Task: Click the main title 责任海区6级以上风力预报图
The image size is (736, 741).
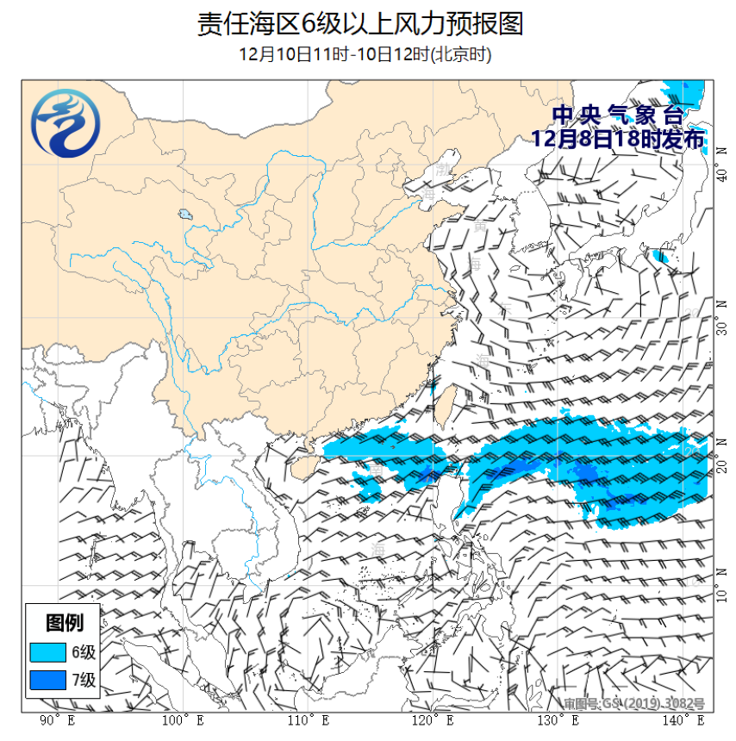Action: (x=360, y=24)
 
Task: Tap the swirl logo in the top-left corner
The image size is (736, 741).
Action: (x=65, y=128)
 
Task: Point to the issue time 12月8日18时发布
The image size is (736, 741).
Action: (x=617, y=138)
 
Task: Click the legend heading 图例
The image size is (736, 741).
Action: (x=64, y=622)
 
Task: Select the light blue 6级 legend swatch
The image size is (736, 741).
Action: (x=48, y=651)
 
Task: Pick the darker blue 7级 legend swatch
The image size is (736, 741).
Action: (x=48, y=681)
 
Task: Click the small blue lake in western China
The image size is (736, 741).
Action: (x=184, y=215)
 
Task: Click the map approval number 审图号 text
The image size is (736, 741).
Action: (x=634, y=703)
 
